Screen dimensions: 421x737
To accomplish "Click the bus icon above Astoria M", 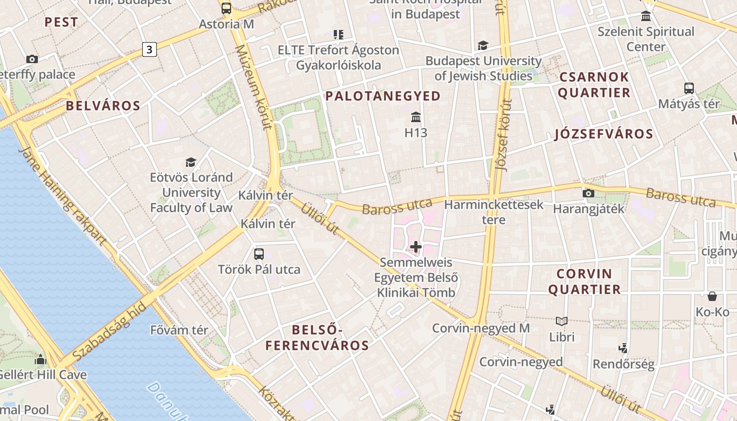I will click(x=226, y=8).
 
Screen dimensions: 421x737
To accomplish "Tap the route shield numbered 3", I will click(x=150, y=50).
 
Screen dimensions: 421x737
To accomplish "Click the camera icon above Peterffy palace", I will click(x=32, y=59).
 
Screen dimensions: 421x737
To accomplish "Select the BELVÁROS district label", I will click(x=103, y=106).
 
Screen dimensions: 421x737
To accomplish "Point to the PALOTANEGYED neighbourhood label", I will click(x=383, y=96).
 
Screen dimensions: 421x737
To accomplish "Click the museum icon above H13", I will click(x=416, y=116).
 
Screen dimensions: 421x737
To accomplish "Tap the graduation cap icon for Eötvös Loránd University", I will click(x=191, y=162).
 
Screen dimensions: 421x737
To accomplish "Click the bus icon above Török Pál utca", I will click(x=259, y=254).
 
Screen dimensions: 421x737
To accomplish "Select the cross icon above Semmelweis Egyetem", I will click(x=416, y=246).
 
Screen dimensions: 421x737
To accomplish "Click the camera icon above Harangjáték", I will click(x=589, y=193).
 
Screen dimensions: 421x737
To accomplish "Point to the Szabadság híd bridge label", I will click(x=109, y=332).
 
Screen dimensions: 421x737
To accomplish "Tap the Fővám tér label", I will click(x=179, y=330).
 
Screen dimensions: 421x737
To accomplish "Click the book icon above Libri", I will click(x=562, y=321).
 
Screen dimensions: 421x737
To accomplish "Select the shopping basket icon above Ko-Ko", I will click(x=712, y=296).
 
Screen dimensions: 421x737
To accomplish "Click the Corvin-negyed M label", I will click(x=481, y=328).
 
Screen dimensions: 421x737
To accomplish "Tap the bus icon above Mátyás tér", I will click(x=689, y=88).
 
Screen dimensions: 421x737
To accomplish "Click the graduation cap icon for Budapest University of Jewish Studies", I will click(x=483, y=46).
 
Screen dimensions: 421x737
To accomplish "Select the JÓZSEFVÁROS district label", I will click(x=604, y=134).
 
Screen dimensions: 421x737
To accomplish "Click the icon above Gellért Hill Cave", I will click(x=41, y=359).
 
